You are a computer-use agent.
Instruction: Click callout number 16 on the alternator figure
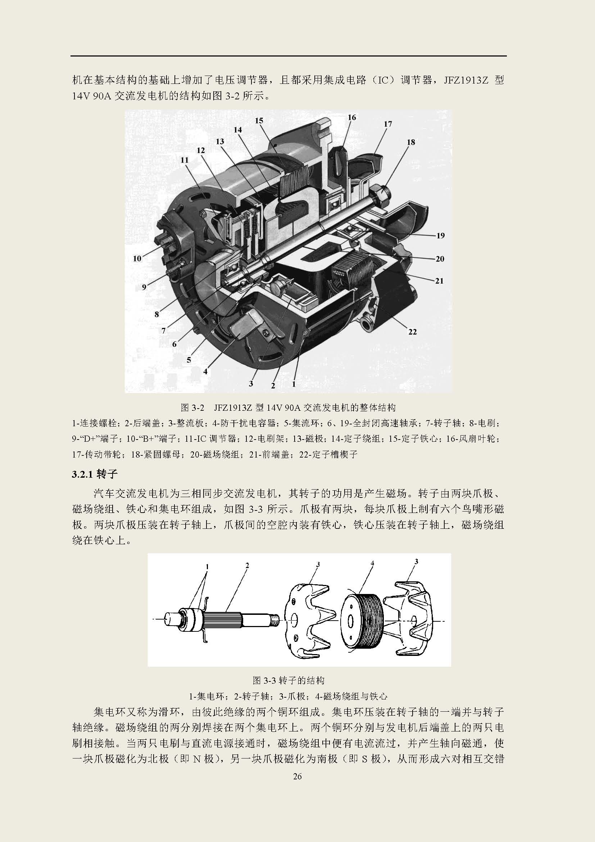coord(352,117)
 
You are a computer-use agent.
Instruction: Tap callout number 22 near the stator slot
coord(413,332)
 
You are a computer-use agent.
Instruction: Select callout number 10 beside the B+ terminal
coord(137,258)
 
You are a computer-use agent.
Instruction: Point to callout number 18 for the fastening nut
coord(411,142)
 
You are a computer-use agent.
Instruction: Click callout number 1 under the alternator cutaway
coord(294,384)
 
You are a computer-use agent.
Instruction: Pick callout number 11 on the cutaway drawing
coord(184,160)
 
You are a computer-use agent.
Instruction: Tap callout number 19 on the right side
coord(440,235)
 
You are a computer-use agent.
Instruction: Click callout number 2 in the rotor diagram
coord(247,566)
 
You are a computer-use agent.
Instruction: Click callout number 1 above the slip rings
coord(207,567)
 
